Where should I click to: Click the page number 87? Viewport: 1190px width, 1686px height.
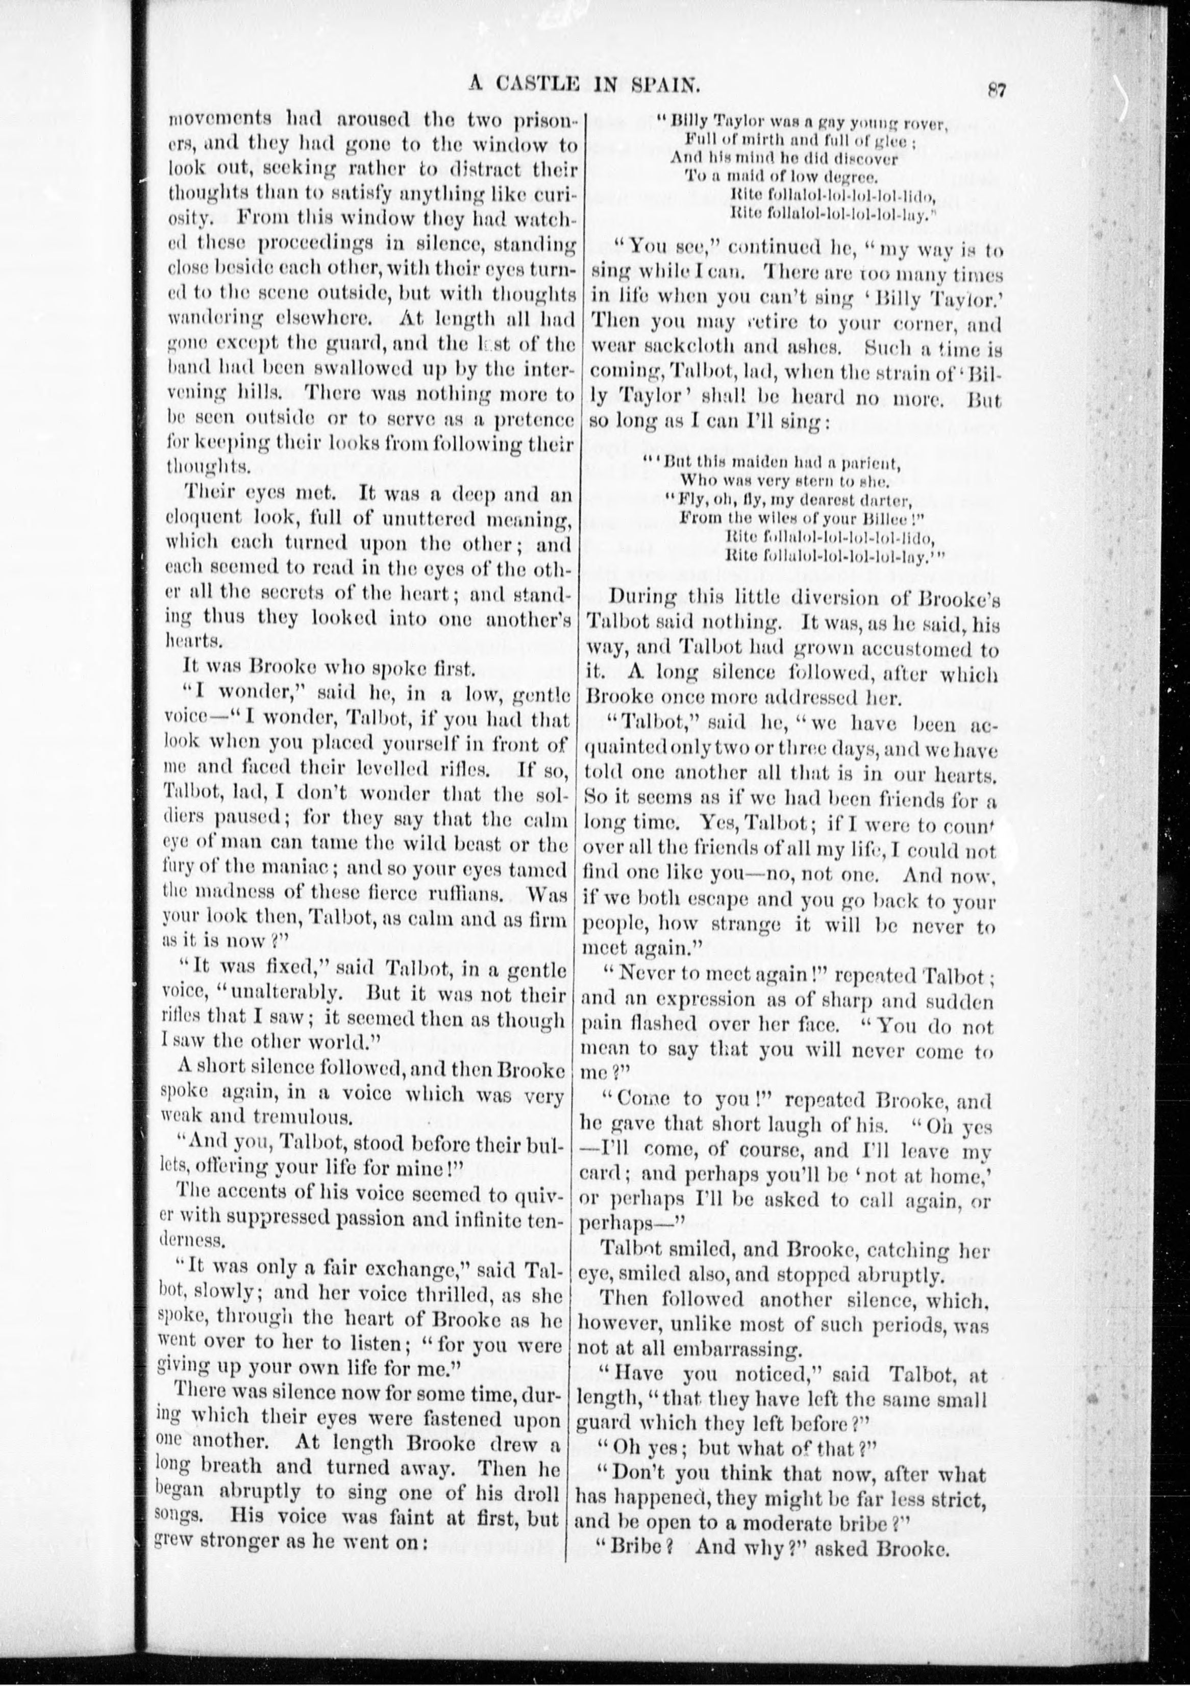coord(996,90)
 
